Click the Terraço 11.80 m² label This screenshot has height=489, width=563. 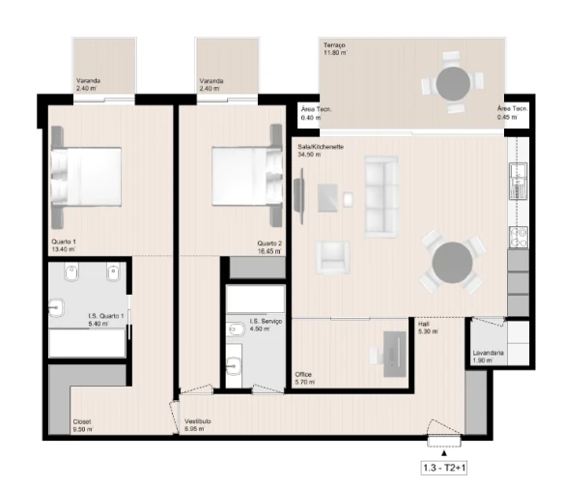point(337,50)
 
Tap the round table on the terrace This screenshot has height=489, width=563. point(452,84)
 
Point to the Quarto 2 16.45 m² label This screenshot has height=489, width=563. point(268,246)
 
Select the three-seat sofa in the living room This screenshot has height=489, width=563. point(381,197)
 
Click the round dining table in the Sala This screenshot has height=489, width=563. point(451,262)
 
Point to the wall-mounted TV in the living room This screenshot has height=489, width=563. point(299,194)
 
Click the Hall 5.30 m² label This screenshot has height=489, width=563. point(427,329)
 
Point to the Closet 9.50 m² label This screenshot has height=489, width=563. point(82,425)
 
